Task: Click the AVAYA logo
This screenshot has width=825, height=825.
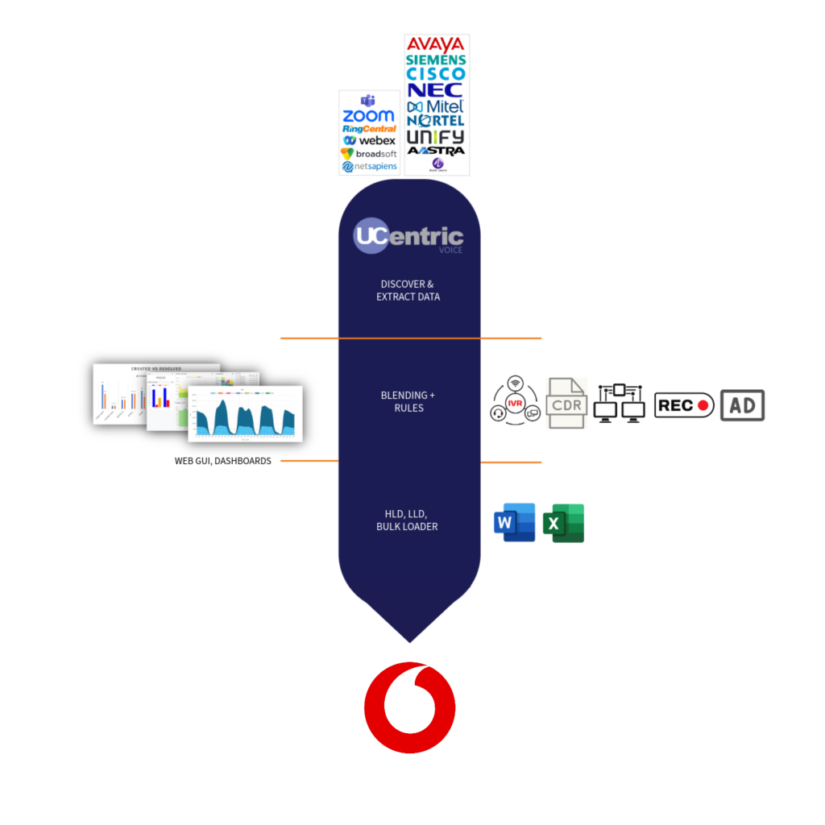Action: click(x=436, y=44)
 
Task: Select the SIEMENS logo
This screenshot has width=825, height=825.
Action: click(x=436, y=60)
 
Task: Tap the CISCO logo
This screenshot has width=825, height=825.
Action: click(x=436, y=74)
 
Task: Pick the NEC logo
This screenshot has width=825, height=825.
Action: click(x=435, y=90)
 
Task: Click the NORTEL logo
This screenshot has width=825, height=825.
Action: click(x=436, y=121)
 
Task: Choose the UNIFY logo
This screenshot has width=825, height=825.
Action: click(x=436, y=136)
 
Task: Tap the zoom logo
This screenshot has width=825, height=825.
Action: click(x=368, y=116)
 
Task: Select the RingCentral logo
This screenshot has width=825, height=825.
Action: click(x=369, y=129)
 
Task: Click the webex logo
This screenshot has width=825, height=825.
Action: click(x=369, y=141)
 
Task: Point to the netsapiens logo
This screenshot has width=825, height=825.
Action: click(x=369, y=167)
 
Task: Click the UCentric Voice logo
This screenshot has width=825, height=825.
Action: click(x=409, y=237)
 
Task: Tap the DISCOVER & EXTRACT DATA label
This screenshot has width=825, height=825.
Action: click(x=409, y=291)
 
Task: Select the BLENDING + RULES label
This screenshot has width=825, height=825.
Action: click(x=409, y=401)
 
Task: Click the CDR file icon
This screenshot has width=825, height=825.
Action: click(x=566, y=403)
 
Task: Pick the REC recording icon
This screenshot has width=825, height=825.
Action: click(x=684, y=405)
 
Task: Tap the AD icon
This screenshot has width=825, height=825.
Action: click(x=742, y=405)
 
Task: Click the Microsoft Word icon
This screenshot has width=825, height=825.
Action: click(x=514, y=523)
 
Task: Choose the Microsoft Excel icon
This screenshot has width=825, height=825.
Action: click(x=564, y=523)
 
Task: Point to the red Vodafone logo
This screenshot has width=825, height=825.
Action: click(x=410, y=707)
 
